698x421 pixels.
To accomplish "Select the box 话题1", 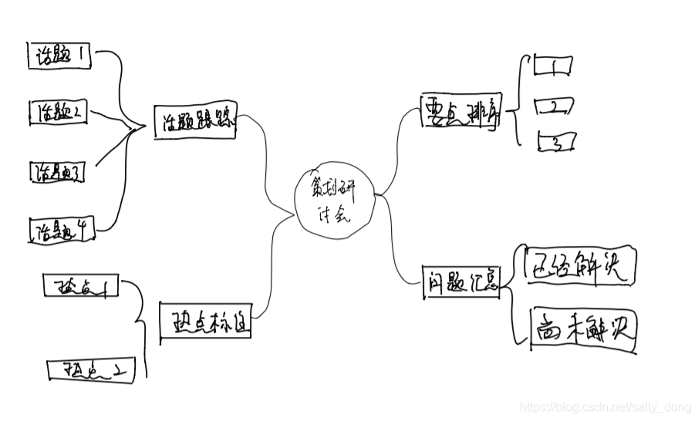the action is (x=60, y=56).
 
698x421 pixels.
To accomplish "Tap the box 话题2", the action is (x=59, y=113).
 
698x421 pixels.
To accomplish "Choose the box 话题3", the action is (x=57, y=173).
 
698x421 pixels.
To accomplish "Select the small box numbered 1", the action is (x=554, y=66).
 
